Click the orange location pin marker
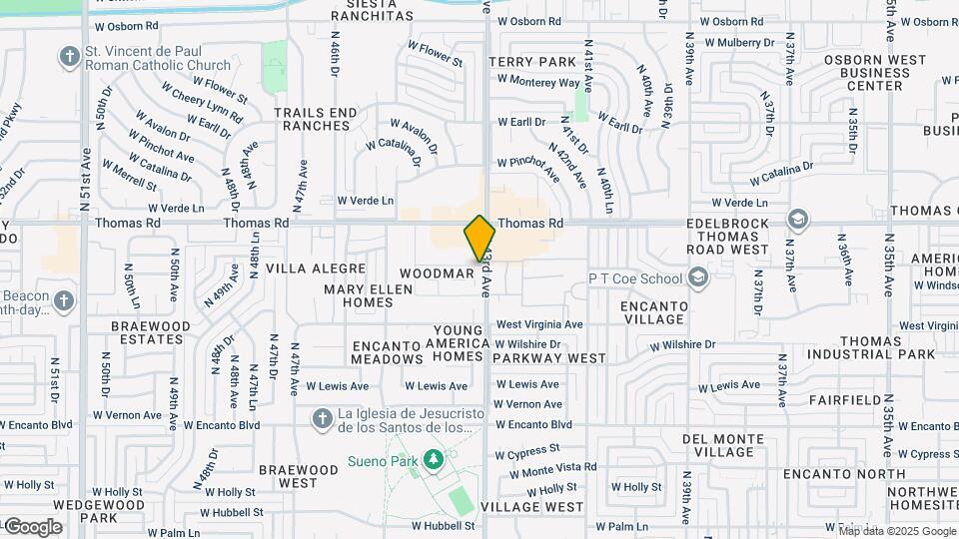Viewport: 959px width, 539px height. (480, 239)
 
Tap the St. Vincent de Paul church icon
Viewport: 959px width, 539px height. (70, 55)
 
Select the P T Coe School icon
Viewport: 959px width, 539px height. (697, 277)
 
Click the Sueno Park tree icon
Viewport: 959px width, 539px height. (433, 459)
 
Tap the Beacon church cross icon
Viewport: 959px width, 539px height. (64, 300)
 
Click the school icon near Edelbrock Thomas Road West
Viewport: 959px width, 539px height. (797, 219)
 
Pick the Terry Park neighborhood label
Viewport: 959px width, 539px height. (532, 62)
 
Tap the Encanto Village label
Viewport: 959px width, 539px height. (652, 312)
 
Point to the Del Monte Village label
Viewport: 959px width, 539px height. (724, 445)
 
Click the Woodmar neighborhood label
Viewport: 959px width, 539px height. (437, 272)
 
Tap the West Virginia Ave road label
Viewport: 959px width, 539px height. (539, 324)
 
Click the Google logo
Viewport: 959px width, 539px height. (33, 526)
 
